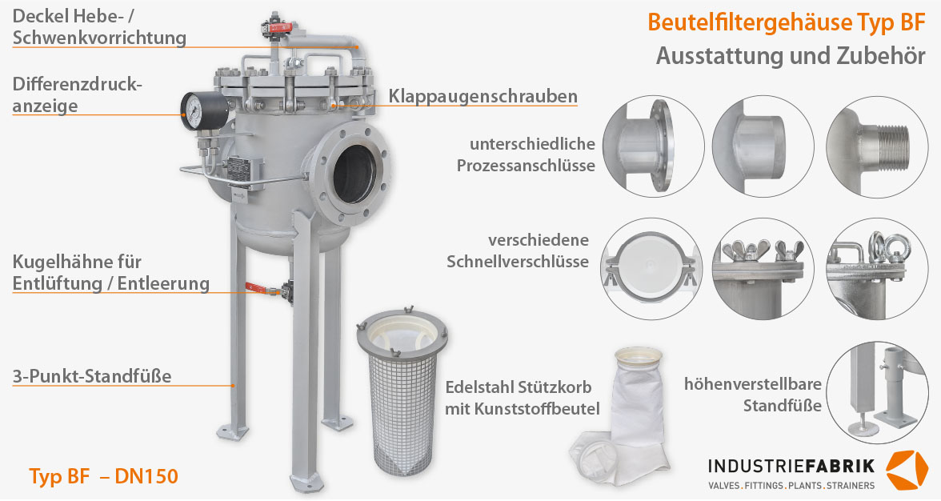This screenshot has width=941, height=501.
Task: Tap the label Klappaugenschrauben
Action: [483, 97]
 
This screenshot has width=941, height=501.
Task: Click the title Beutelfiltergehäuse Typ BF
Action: [786, 22]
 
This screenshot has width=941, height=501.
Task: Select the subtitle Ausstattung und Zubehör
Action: [791, 57]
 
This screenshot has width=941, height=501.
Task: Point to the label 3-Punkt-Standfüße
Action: [92, 375]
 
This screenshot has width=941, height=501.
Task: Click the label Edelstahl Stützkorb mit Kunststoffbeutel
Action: [522, 398]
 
